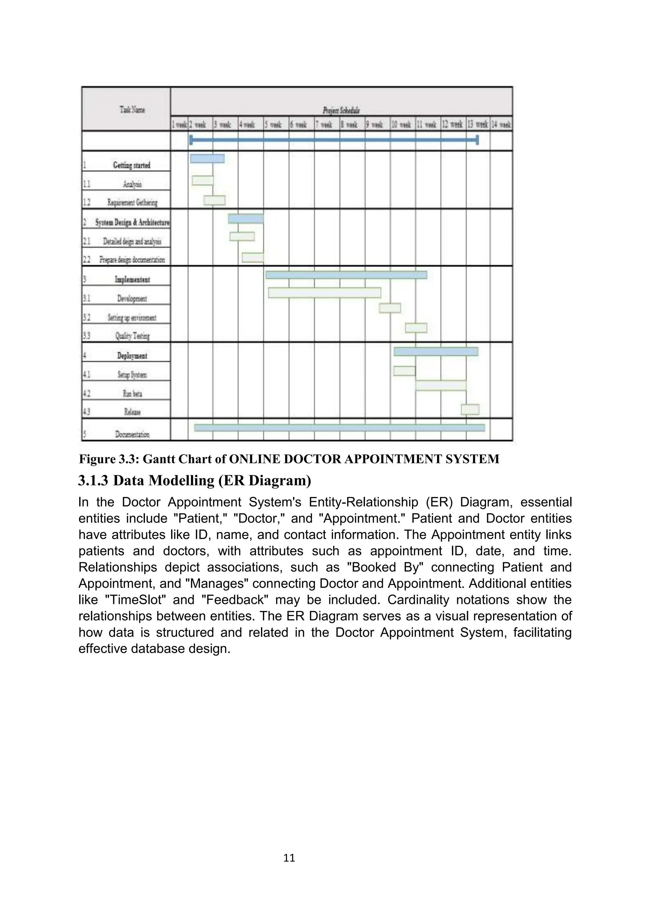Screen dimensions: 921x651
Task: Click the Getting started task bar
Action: [x=207, y=159]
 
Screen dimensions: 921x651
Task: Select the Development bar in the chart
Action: [x=324, y=293]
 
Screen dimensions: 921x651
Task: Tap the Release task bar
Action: [x=470, y=410]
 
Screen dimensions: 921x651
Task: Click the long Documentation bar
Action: [x=339, y=428]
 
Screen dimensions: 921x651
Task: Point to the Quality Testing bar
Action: [x=416, y=328]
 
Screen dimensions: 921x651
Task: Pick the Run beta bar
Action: [x=441, y=385]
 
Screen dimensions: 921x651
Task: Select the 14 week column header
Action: [x=501, y=125]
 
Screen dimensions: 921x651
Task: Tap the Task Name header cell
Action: [x=132, y=109]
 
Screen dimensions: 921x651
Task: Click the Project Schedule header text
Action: [x=341, y=110]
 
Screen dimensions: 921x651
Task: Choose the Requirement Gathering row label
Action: [x=132, y=203]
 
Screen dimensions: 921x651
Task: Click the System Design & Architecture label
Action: [x=132, y=222]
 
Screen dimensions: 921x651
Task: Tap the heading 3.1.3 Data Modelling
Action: [x=195, y=481]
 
